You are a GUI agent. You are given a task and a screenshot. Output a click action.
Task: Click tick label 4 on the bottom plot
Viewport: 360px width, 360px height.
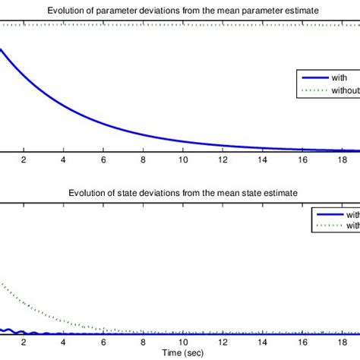pyautogui.click(x=64, y=342)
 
